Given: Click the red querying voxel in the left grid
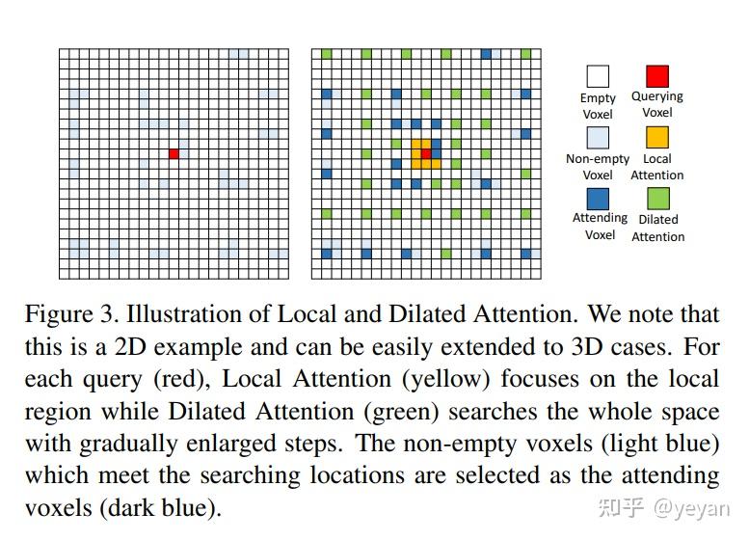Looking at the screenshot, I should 174,153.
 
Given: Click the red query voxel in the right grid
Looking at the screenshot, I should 425,153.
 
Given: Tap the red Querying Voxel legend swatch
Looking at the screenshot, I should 656,76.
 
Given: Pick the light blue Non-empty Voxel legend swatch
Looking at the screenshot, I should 598,138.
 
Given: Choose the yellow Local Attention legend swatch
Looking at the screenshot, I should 656,138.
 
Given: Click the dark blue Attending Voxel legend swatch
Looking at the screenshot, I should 598,198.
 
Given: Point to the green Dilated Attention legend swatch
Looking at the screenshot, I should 656,198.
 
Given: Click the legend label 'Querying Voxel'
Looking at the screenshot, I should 656,104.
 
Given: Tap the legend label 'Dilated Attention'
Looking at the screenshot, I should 657,228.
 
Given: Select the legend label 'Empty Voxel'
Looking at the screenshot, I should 598,106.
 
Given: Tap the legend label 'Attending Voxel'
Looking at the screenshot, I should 599,226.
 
